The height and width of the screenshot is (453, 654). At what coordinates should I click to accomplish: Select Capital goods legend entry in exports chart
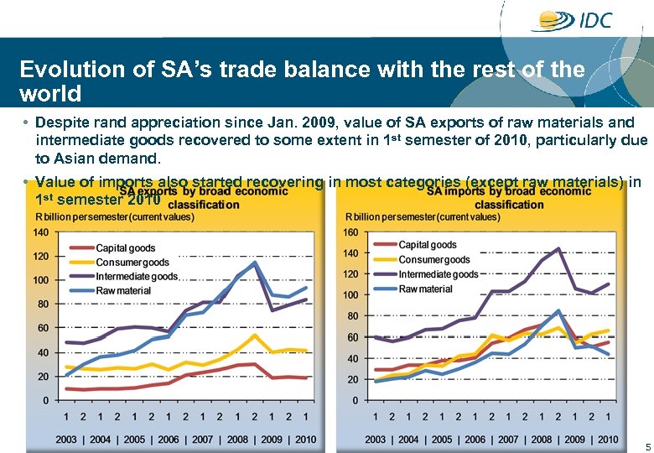pos(125,248)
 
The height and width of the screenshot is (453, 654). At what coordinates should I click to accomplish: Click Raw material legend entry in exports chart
pos(122,290)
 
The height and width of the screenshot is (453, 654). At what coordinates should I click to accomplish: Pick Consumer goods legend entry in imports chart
pos(433,259)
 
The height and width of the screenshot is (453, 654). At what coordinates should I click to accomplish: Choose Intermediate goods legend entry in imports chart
pos(438,273)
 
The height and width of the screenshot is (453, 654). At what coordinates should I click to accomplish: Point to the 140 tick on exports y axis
pos(40,232)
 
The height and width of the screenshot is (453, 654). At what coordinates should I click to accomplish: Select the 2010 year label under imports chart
pos(608,440)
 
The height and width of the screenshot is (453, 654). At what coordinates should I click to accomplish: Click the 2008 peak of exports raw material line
pos(254,263)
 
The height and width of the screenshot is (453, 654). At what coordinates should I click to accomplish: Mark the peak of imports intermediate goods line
pos(558,249)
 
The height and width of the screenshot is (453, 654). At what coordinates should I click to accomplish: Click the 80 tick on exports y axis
pos(43,305)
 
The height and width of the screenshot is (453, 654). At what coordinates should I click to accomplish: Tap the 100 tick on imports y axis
pos(350,295)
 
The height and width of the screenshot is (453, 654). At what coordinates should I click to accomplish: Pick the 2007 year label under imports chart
pos(508,440)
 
